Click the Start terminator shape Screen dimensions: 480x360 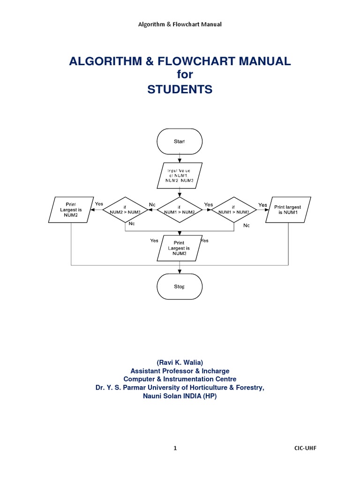click(x=180, y=142)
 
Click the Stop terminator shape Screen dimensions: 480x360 click(x=180, y=286)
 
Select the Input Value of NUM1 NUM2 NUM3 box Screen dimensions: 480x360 click(x=180, y=173)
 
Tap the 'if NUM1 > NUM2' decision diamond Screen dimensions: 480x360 click(x=180, y=210)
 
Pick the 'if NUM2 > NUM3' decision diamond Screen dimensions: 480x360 click(x=125, y=210)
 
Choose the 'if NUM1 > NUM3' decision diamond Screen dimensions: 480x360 click(x=233, y=210)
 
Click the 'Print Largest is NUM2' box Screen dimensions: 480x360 click(x=71, y=210)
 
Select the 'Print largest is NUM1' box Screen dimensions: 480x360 click(x=287, y=210)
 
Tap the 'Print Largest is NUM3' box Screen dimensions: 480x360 click(x=180, y=248)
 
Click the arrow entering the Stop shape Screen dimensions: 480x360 click(x=180, y=270)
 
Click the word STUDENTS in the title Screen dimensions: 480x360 click(x=180, y=89)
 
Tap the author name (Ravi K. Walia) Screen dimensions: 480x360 click(x=180, y=362)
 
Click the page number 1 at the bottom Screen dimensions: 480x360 click(x=175, y=449)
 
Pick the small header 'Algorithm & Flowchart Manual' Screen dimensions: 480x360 click(x=180, y=24)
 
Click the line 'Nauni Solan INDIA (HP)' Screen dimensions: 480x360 click(x=180, y=396)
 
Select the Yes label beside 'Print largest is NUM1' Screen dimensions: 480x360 click(x=262, y=205)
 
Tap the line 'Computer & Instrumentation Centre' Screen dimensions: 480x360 click(x=180, y=379)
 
